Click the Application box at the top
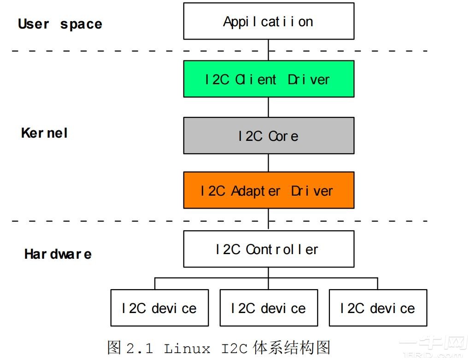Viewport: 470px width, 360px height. tap(269, 21)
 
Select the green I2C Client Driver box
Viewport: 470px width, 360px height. tap(269, 79)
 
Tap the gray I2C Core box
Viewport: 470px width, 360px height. tap(269, 135)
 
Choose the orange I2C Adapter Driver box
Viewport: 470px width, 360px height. tap(269, 190)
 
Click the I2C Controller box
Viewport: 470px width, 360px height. tap(269, 249)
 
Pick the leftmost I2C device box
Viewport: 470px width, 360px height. tap(159, 308)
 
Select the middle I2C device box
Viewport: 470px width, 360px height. tap(269, 308)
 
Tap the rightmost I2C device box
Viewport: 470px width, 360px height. tap(378, 308)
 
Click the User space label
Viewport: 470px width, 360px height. tap(60, 24)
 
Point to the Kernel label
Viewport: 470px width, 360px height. tap(45, 134)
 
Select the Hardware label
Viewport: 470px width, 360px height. tap(58, 254)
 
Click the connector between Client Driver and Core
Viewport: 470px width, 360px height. tap(269, 107)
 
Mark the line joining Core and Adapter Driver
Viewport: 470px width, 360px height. tap(269, 163)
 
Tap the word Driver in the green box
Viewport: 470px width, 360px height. tap(309, 79)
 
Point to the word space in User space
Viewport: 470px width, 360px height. tap(81, 24)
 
